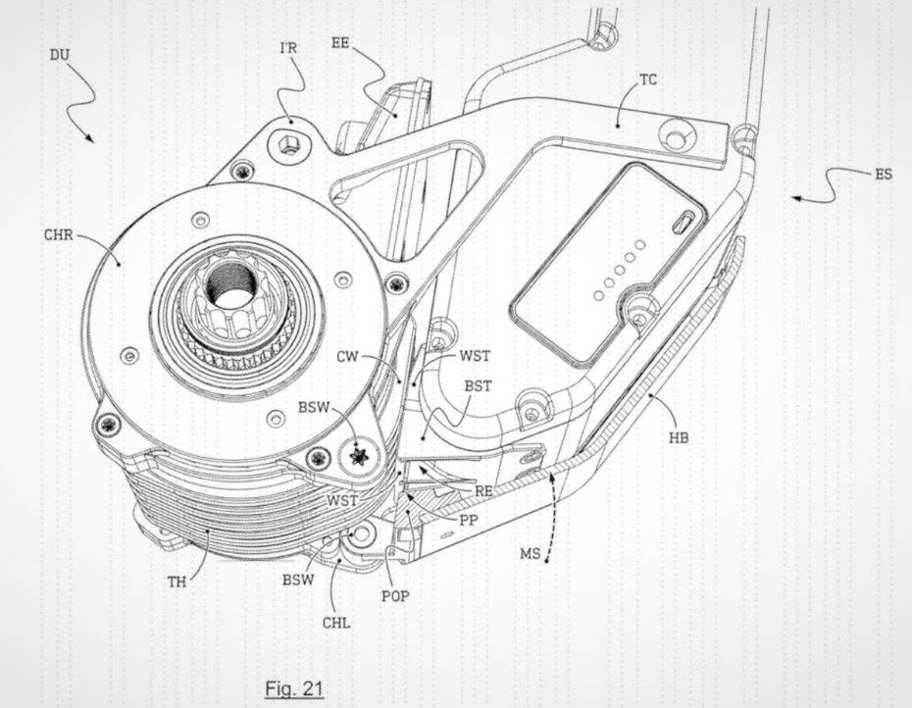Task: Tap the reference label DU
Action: pyautogui.click(x=60, y=55)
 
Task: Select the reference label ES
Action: pyautogui.click(x=883, y=177)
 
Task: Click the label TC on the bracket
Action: pyautogui.click(x=648, y=80)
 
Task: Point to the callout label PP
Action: pyautogui.click(x=469, y=521)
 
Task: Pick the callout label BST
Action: pyautogui.click(x=478, y=388)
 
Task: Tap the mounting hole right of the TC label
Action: pyautogui.click(x=676, y=128)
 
